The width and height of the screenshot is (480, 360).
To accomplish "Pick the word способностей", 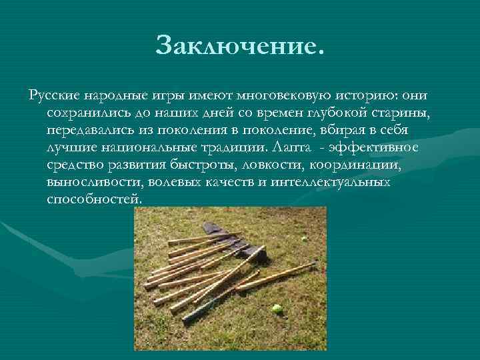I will (95, 199).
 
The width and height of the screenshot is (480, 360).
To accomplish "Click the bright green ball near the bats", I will (277, 309).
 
